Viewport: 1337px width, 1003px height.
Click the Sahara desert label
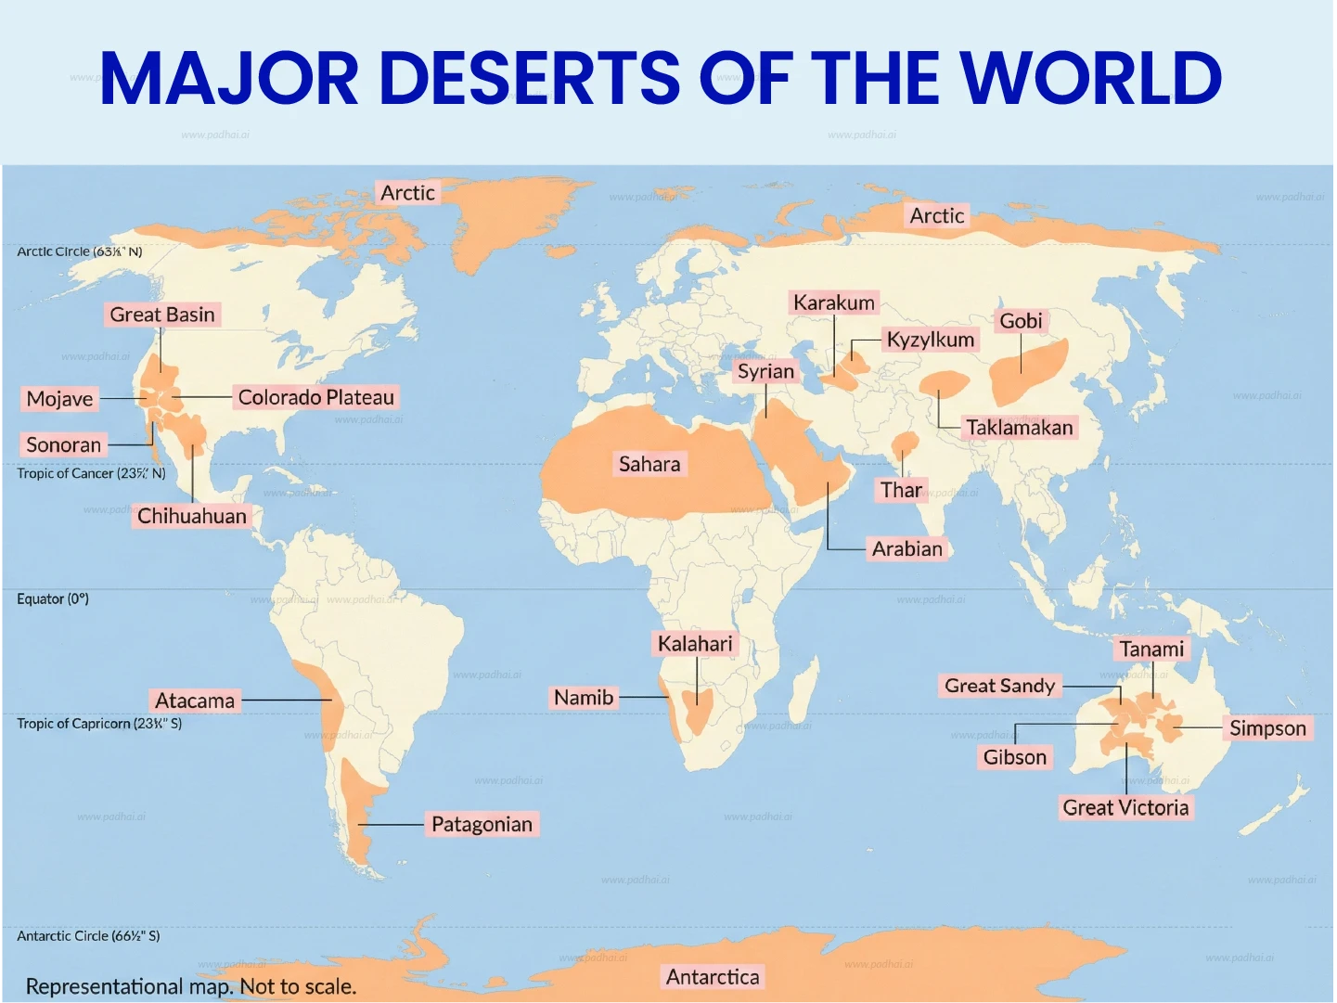[649, 464]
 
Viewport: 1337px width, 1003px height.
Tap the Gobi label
[1021, 321]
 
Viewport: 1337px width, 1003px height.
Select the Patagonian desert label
[482, 824]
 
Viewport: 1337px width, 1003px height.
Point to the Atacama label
[195, 701]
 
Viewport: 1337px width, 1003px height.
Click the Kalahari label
[695, 644]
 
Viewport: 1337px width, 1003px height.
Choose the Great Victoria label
[1125, 807]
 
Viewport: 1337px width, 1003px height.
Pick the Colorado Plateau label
[315, 397]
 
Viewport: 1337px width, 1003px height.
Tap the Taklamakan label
[1019, 428]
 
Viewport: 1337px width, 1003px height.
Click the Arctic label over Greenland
[407, 193]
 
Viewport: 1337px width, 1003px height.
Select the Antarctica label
[713, 977]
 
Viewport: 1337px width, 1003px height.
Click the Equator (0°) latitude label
[53, 599]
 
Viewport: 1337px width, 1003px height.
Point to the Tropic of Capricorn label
[99, 724]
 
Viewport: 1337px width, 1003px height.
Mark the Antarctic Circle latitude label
[88, 936]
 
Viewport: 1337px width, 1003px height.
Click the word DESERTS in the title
[530, 78]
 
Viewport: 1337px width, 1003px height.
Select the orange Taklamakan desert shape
[945, 382]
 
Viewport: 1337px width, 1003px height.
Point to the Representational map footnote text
[191, 986]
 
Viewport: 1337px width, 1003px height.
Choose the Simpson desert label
[1267, 728]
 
